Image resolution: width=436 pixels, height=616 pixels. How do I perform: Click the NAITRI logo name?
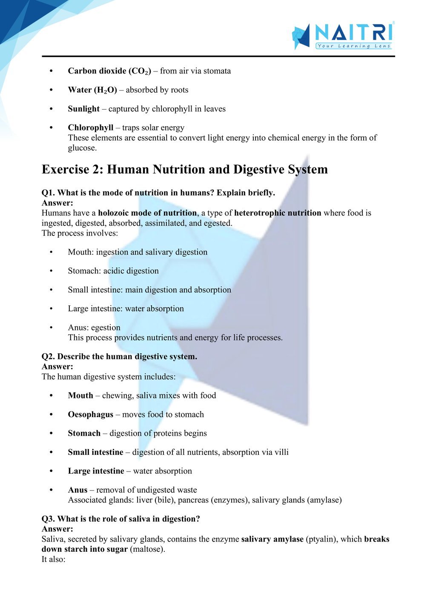354,32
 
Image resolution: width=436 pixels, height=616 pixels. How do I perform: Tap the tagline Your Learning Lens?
354,46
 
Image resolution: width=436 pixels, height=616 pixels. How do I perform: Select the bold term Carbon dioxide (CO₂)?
109,71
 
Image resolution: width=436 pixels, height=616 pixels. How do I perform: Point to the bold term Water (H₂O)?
92,90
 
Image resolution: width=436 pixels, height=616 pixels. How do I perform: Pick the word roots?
179,90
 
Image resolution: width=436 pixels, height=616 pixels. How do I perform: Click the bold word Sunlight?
83,109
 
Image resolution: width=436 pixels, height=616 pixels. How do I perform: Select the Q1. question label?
48,193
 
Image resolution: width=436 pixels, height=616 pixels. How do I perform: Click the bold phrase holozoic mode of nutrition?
147,213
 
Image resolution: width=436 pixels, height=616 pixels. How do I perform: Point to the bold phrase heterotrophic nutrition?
278,213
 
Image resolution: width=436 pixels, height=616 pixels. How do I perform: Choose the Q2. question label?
48,357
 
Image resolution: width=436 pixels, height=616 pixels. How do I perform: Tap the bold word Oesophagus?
91,414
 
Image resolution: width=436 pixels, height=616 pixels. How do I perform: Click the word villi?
281,452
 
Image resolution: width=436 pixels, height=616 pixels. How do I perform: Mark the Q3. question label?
48,519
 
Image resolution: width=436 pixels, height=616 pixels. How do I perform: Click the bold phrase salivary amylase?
272,539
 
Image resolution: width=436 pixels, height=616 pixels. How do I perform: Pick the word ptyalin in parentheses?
322,539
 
